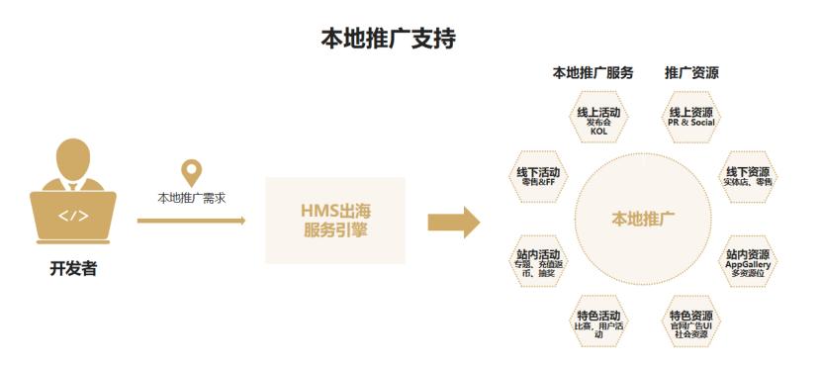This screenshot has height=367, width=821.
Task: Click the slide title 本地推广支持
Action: click(388, 40)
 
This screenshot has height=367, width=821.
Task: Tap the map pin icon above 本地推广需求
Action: click(191, 171)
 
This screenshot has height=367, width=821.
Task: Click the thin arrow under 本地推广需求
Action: click(191, 221)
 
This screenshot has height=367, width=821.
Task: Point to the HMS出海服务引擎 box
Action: click(335, 221)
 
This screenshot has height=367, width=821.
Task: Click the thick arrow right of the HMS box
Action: click(453, 222)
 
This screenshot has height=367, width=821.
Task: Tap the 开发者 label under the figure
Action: click(74, 268)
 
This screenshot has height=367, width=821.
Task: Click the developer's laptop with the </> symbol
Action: click(74, 217)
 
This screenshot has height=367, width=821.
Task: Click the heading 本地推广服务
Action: click(593, 73)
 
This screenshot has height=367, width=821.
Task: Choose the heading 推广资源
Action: click(691, 73)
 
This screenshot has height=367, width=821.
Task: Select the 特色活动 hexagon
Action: click(598, 321)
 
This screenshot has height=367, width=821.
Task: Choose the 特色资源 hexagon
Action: click(690, 321)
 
